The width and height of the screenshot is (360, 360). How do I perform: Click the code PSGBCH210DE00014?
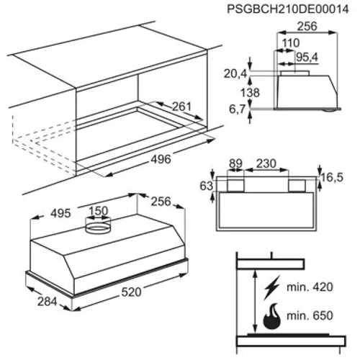(288, 9)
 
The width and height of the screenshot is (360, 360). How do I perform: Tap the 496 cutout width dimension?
(161, 159)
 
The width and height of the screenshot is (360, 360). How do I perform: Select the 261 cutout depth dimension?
(181, 107)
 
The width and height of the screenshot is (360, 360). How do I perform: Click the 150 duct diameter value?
(99, 211)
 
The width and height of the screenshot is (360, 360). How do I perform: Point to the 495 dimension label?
(60, 213)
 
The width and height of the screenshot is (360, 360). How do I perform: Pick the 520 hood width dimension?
(131, 292)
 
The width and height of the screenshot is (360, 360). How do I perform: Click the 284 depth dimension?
(48, 302)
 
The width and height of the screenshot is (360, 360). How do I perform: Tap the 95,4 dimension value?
(307, 57)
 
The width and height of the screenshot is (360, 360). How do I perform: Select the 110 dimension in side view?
(291, 43)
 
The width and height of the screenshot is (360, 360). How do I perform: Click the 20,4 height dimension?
(235, 73)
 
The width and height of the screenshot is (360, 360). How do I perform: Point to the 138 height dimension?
(250, 93)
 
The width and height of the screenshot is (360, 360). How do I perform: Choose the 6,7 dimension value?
(237, 109)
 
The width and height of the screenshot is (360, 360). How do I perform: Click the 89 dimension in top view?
(235, 163)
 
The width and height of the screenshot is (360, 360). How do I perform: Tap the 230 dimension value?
(266, 163)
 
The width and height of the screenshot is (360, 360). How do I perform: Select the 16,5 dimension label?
(332, 178)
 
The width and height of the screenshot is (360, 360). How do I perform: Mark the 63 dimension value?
(207, 186)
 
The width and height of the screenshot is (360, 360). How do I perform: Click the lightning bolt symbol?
(271, 287)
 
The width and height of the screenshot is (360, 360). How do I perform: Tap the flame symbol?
(272, 316)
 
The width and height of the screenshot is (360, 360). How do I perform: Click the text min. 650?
(310, 315)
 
